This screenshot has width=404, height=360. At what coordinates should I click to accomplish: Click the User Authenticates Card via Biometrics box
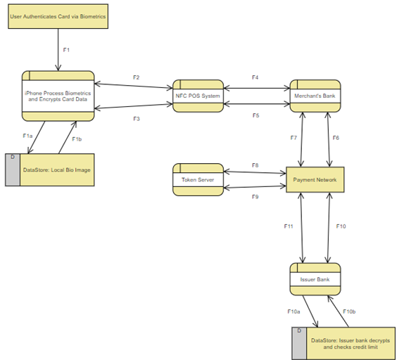(58, 16)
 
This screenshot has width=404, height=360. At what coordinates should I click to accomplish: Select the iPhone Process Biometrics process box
(58, 96)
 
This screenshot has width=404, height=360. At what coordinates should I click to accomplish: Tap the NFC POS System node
(198, 96)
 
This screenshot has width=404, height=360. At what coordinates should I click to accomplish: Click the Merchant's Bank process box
(315, 96)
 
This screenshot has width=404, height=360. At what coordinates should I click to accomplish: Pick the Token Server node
(198, 180)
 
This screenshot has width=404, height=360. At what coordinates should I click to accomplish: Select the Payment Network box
(315, 180)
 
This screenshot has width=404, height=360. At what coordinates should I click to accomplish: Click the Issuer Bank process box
(315, 279)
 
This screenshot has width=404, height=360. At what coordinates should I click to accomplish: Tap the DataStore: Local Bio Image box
(57, 169)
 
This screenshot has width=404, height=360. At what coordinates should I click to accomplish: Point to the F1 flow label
(67, 50)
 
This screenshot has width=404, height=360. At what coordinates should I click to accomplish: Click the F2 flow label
(137, 77)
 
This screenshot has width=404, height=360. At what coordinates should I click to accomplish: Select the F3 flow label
(137, 119)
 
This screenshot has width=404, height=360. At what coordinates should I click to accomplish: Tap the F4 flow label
(255, 77)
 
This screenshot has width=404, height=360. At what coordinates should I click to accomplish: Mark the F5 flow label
(255, 115)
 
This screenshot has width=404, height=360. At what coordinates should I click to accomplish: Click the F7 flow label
(293, 138)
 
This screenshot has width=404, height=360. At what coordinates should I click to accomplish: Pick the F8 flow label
(255, 166)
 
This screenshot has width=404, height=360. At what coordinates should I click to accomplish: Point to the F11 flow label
(289, 226)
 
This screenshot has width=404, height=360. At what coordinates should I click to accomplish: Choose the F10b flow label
(349, 311)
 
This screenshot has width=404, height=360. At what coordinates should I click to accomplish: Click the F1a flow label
(27, 136)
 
